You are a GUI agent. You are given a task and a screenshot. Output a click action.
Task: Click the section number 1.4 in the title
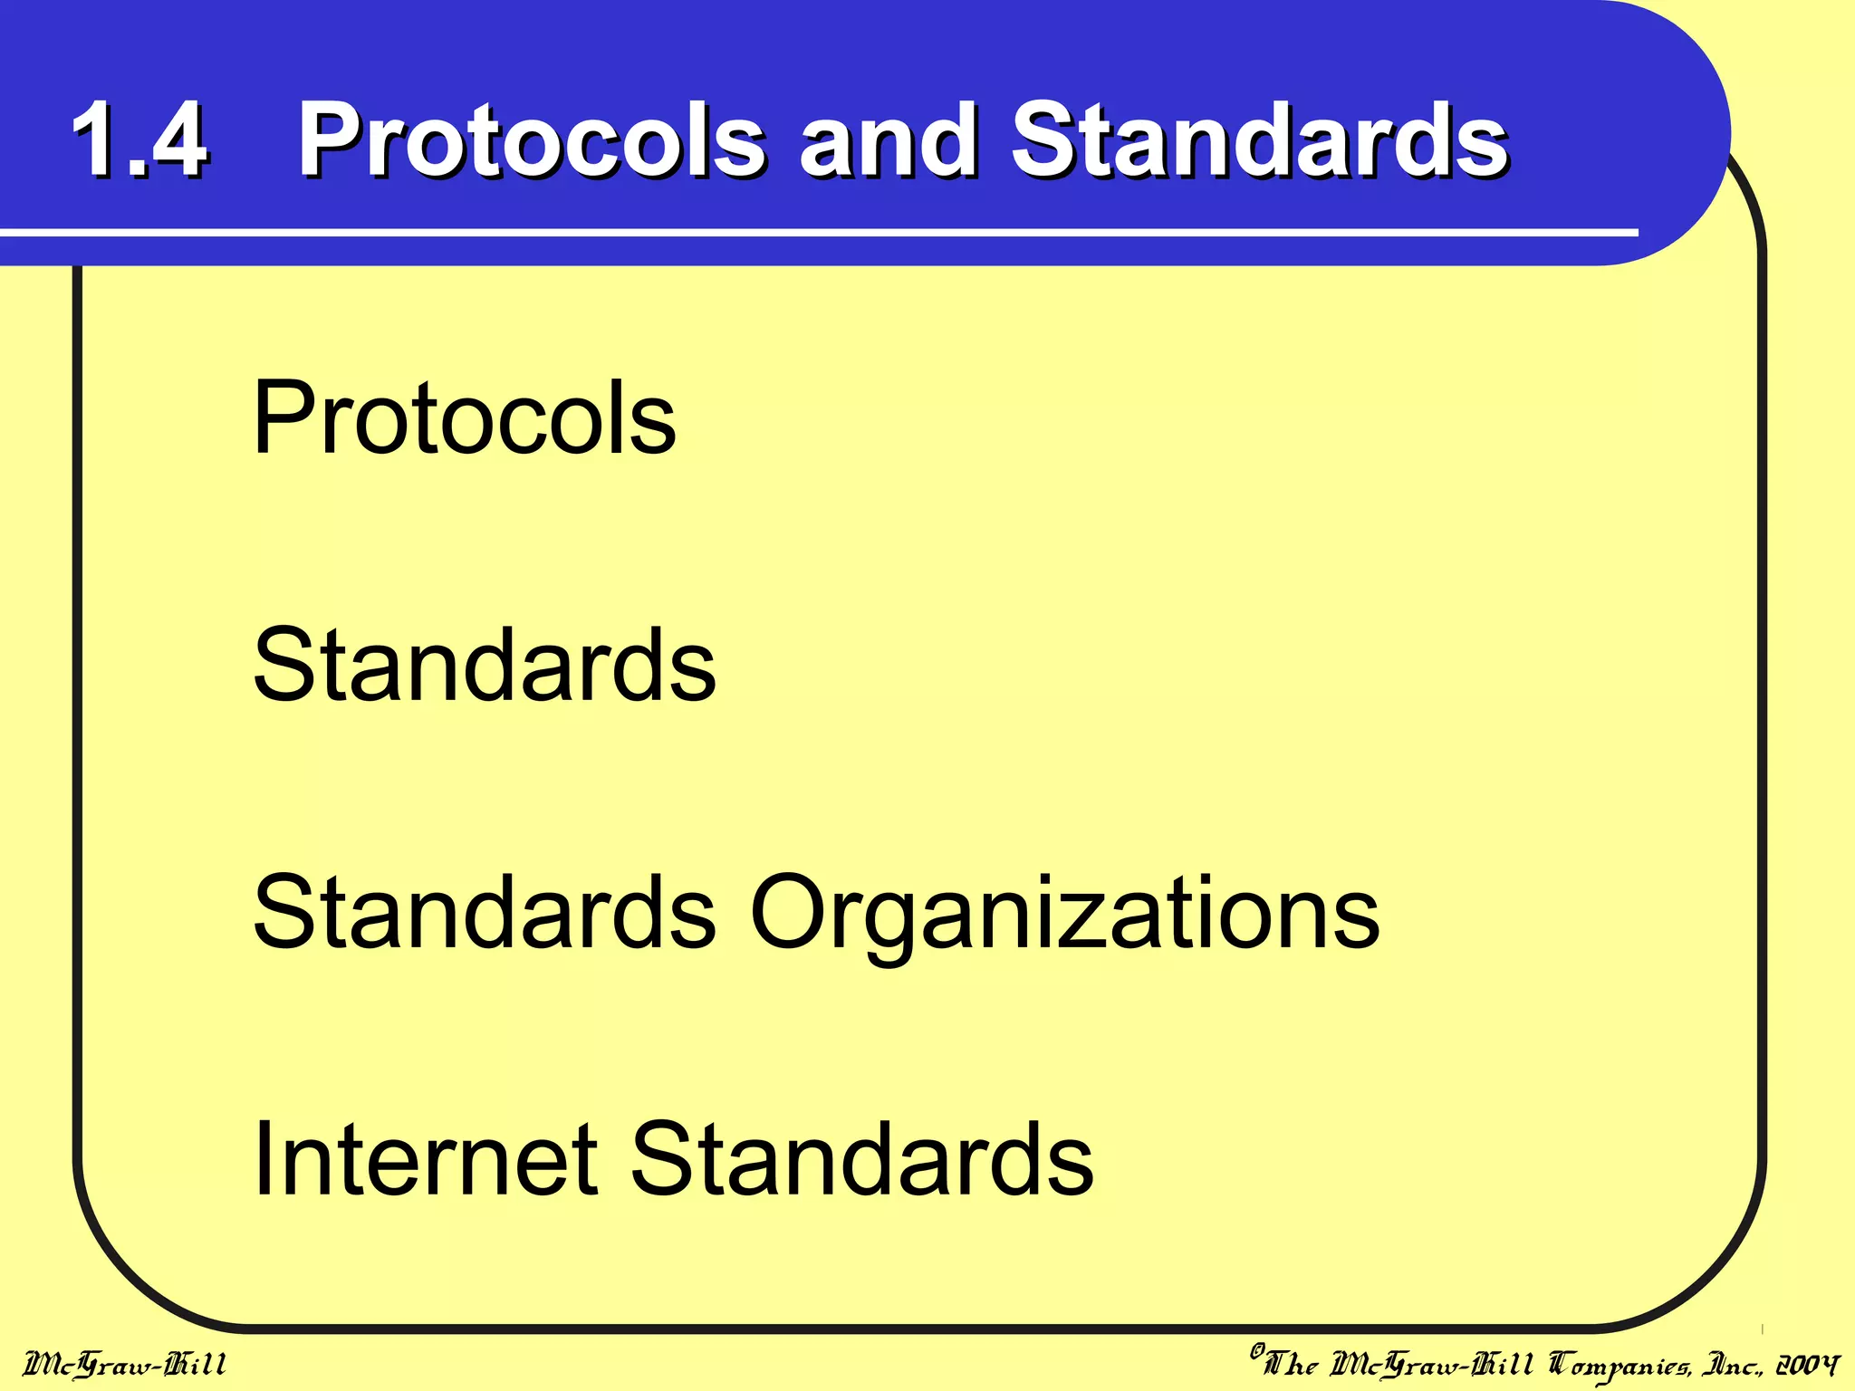pos(140,140)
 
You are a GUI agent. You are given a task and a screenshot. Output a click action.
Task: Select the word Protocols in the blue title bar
pos(533,140)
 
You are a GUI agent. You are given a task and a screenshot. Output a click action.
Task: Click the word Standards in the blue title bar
pos(1259,140)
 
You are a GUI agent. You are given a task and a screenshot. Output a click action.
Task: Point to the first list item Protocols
pos(465,418)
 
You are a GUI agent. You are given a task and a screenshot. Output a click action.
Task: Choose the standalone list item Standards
pos(485,666)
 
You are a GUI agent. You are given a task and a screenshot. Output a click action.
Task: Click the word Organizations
pos(1064,915)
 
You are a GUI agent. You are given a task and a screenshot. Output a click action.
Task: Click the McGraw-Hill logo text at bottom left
pos(125,1364)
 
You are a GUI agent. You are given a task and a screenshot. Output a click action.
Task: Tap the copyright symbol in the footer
pos(1257,1352)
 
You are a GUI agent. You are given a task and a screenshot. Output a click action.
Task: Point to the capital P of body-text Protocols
pos(283,418)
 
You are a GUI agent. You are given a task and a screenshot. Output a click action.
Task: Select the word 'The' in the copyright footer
pos(1291,1364)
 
